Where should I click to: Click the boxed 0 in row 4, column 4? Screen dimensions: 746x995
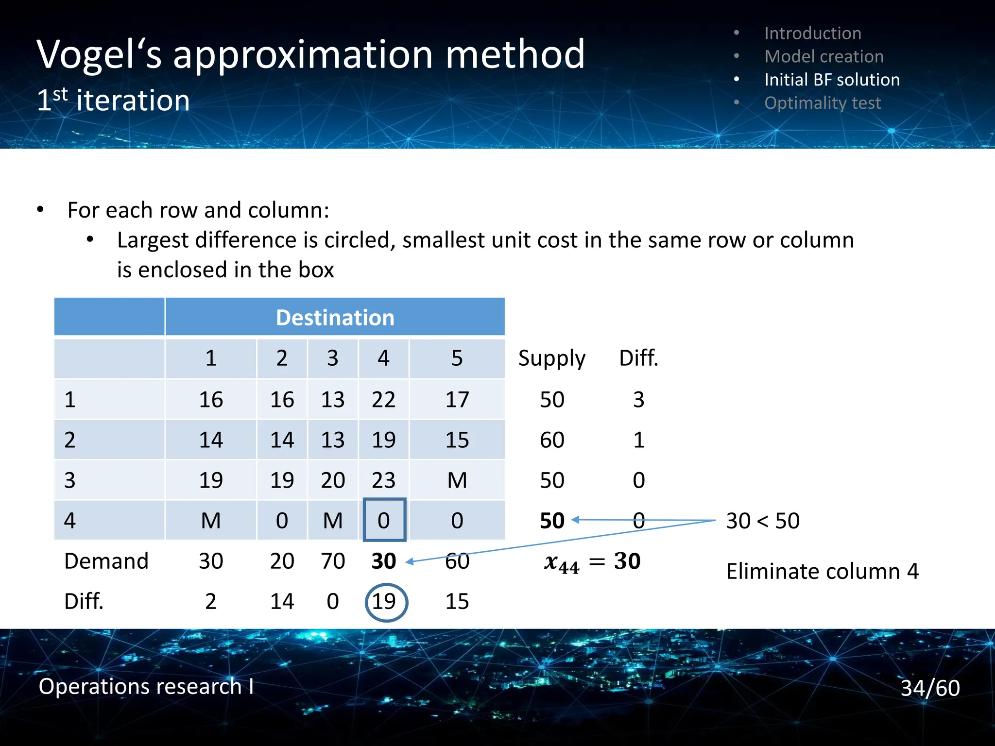[384, 520]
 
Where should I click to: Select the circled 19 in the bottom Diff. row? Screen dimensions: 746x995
[385, 602]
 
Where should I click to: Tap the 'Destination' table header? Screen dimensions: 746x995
[335, 318]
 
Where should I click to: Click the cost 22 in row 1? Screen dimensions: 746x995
[383, 400]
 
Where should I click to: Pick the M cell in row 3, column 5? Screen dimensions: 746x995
[457, 480]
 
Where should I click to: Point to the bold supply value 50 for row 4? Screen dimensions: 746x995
[552, 521]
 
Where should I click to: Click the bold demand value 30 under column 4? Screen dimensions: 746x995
[383, 561]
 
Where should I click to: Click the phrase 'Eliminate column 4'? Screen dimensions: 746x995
[822, 571]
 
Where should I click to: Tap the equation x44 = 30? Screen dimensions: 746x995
[592, 562]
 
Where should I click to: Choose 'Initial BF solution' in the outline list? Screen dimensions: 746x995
[832, 80]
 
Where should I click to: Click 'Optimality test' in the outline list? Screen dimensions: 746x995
[822, 103]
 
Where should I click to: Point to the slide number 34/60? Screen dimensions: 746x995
[930, 688]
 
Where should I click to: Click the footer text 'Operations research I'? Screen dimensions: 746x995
[146, 686]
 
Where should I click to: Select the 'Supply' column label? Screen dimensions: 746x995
[551, 358]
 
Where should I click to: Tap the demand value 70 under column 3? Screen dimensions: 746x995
[333, 561]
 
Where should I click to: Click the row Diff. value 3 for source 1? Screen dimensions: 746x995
[638, 400]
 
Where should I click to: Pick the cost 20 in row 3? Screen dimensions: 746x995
[333, 480]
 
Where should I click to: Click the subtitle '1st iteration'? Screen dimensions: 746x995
[113, 101]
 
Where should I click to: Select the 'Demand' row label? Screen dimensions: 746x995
[106, 561]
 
